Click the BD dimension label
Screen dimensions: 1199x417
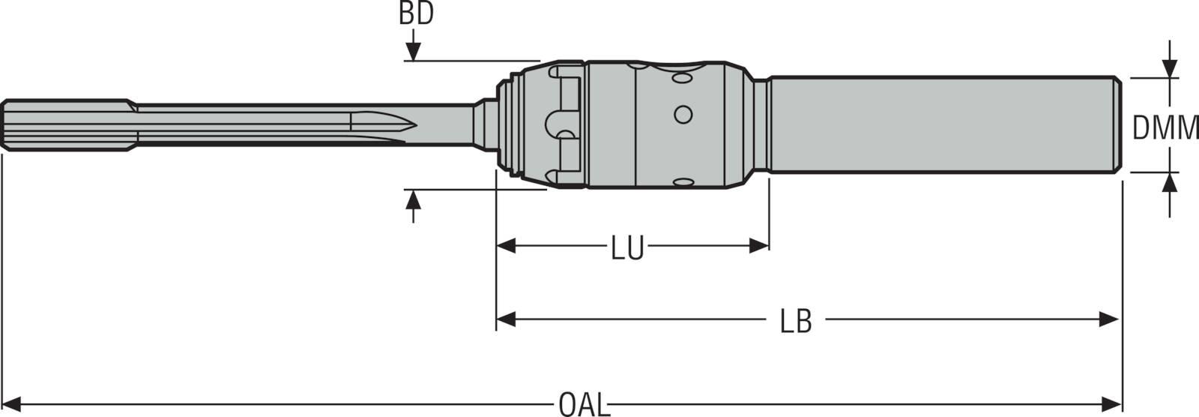pos(416,14)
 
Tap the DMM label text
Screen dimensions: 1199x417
pos(1165,129)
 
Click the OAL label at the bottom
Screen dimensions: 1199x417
pos(585,405)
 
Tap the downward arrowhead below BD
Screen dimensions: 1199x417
pos(413,52)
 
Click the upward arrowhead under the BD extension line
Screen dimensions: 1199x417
pos(413,199)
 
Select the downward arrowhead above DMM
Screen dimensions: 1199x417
pos(1170,68)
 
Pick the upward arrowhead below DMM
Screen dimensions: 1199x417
pos(1170,182)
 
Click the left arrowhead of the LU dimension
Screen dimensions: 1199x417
pos(506,246)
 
